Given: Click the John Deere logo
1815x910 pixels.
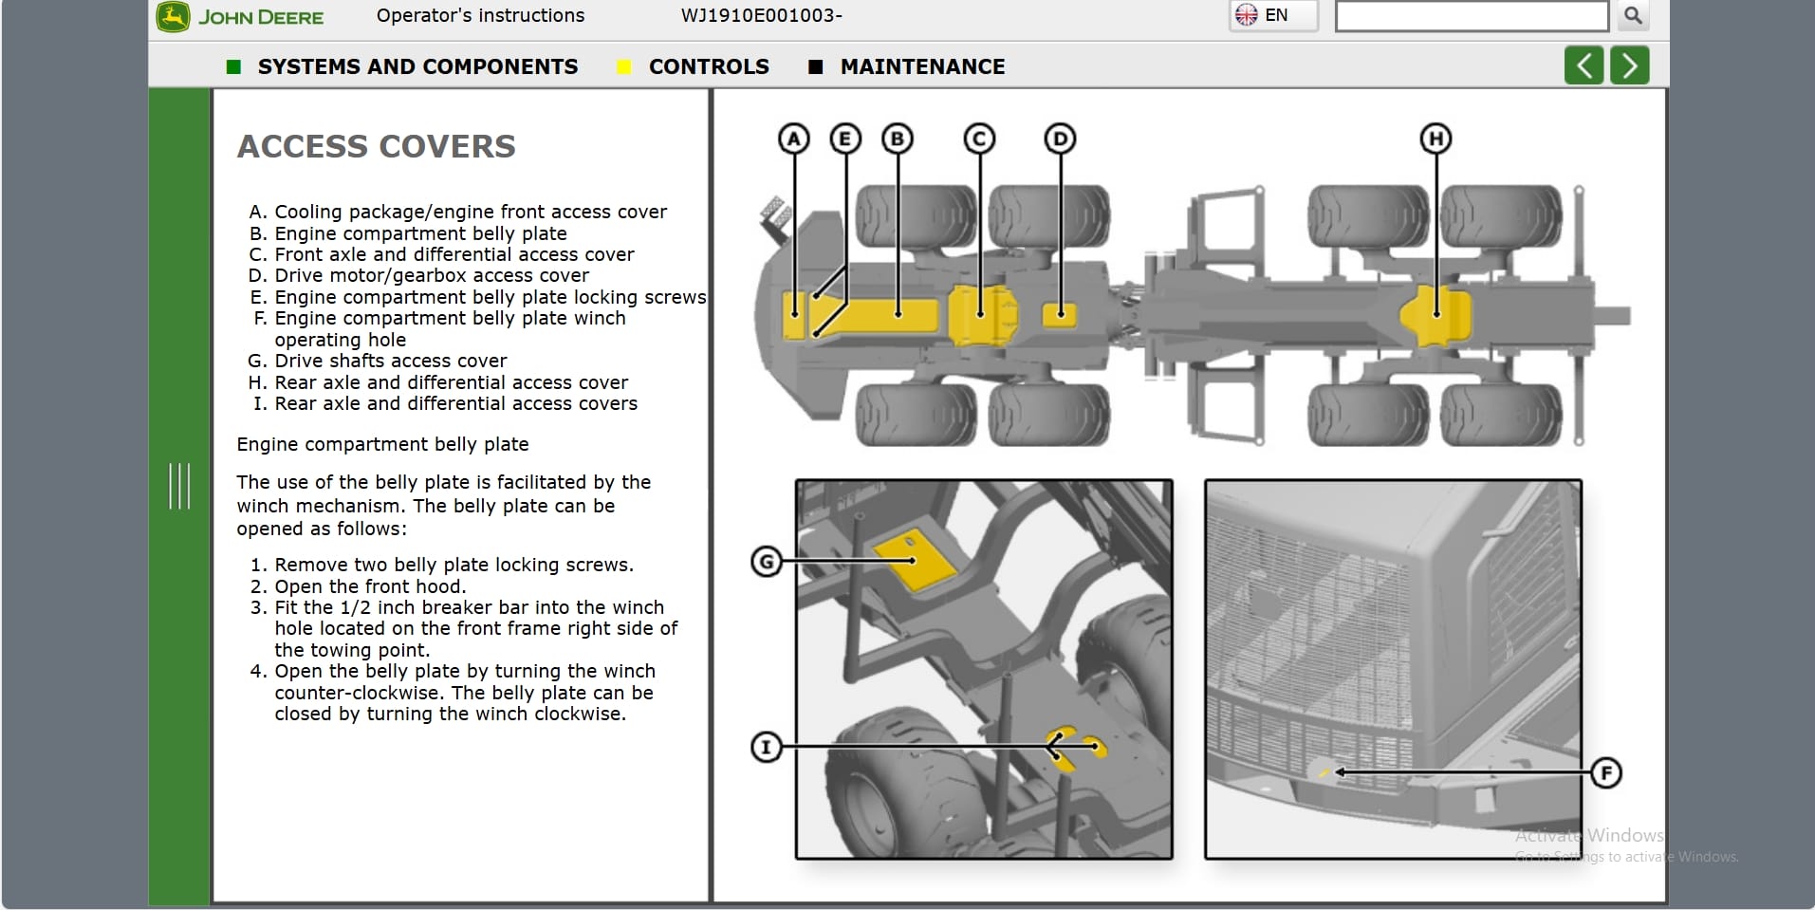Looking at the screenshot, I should tap(241, 17).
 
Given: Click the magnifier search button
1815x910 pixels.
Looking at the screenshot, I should tap(1633, 16).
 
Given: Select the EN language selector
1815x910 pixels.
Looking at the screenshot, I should tap(1273, 15).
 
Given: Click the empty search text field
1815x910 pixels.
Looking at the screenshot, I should tap(1471, 16).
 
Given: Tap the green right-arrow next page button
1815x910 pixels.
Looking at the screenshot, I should tap(1629, 66).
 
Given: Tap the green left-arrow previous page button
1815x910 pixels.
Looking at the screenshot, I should tap(1583, 66).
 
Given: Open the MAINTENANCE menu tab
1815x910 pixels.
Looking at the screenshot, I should tap(921, 66).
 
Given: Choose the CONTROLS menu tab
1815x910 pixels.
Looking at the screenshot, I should tap(708, 66).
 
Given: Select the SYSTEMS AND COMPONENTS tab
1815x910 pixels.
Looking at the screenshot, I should tap(417, 66).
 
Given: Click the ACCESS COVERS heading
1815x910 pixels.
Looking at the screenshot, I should tap(376, 146).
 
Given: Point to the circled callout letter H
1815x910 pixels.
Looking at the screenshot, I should tap(1435, 139).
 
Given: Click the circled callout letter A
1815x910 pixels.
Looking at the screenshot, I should tap(794, 139).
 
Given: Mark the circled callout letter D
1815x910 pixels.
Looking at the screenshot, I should tap(1060, 139).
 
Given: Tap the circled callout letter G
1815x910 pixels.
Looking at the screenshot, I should tap(767, 562).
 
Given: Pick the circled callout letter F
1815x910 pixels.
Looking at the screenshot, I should tap(1605, 772).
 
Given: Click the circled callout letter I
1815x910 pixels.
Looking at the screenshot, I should tap(767, 747).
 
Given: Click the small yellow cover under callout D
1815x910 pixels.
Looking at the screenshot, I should tap(1060, 314).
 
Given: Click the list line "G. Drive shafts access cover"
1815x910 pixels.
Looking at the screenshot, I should tap(378, 361).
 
